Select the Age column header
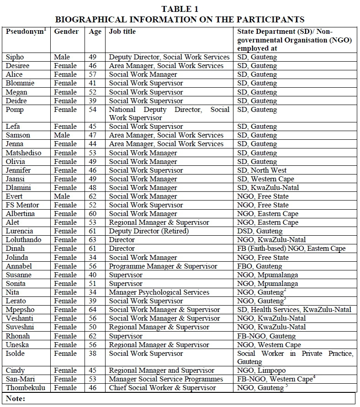coord(95,32)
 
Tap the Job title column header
coord(122,32)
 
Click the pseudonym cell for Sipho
coord(15,57)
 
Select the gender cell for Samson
coord(62,135)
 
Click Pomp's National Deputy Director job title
coord(169,114)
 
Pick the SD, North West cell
coord(263,170)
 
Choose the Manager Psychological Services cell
coord(159,292)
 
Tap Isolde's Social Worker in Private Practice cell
coord(295,357)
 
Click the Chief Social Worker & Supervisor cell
coord(162,388)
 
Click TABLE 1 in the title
coord(180,9)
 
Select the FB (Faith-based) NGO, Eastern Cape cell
coord(291,248)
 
